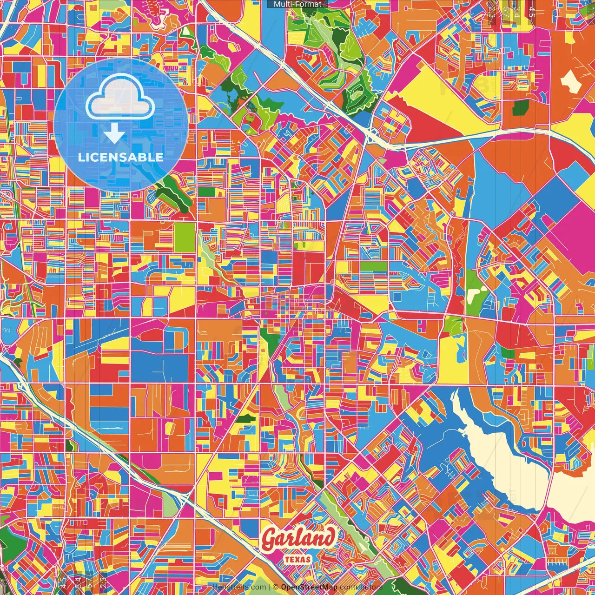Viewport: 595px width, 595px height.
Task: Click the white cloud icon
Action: [x=120, y=99]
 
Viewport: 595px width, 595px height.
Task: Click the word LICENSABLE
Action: [x=121, y=157]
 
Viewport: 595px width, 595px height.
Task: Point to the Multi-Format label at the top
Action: [x=297, y=4]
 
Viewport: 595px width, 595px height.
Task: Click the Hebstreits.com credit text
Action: [x=239, y=587]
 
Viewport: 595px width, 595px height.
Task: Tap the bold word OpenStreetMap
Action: [x=309, y=587]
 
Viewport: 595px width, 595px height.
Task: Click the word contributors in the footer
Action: [x=361, y=587]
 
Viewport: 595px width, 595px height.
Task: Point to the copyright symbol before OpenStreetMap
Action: [x=276, y=587]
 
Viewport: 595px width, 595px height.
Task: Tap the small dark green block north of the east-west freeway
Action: [x=520, y=107]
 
